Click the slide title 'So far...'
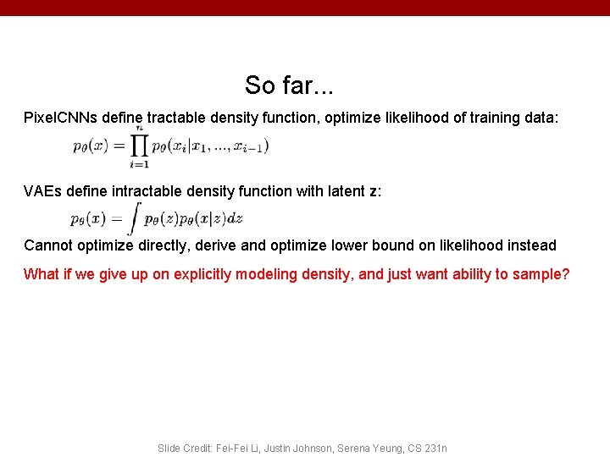(289, 85)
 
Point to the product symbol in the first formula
(139, 146)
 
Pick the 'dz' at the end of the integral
(235, 218)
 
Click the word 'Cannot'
(48, 245)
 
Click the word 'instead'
(531, 245)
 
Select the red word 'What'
(42, 274)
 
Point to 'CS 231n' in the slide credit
(426, 448)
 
